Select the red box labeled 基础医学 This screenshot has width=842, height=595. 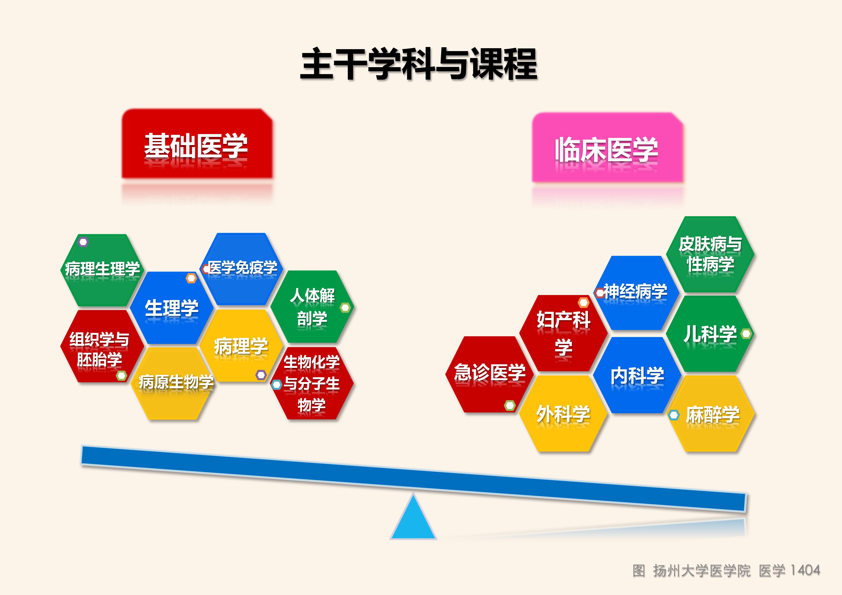click(x=197, y=144)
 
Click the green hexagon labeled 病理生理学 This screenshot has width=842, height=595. click(x=102, y=270)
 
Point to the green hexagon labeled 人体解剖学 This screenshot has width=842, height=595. click(x=312, y=307)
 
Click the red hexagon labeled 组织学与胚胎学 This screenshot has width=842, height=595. click(x=102, y=346)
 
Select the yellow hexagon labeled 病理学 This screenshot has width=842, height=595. click(x=241, y=346)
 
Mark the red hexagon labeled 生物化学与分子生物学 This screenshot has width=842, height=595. click(x=312, y=383)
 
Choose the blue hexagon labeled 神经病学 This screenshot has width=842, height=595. click(x=637, y=293)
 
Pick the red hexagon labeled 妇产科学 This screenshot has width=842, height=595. click(x=563, y=333)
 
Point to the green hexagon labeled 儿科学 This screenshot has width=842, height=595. click(x=710, y=334)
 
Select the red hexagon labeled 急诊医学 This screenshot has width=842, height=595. click(x=490, y=374)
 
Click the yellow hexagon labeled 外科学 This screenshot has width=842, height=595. click(x=563, y=414)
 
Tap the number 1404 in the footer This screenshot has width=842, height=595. click(x=805, y=571)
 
